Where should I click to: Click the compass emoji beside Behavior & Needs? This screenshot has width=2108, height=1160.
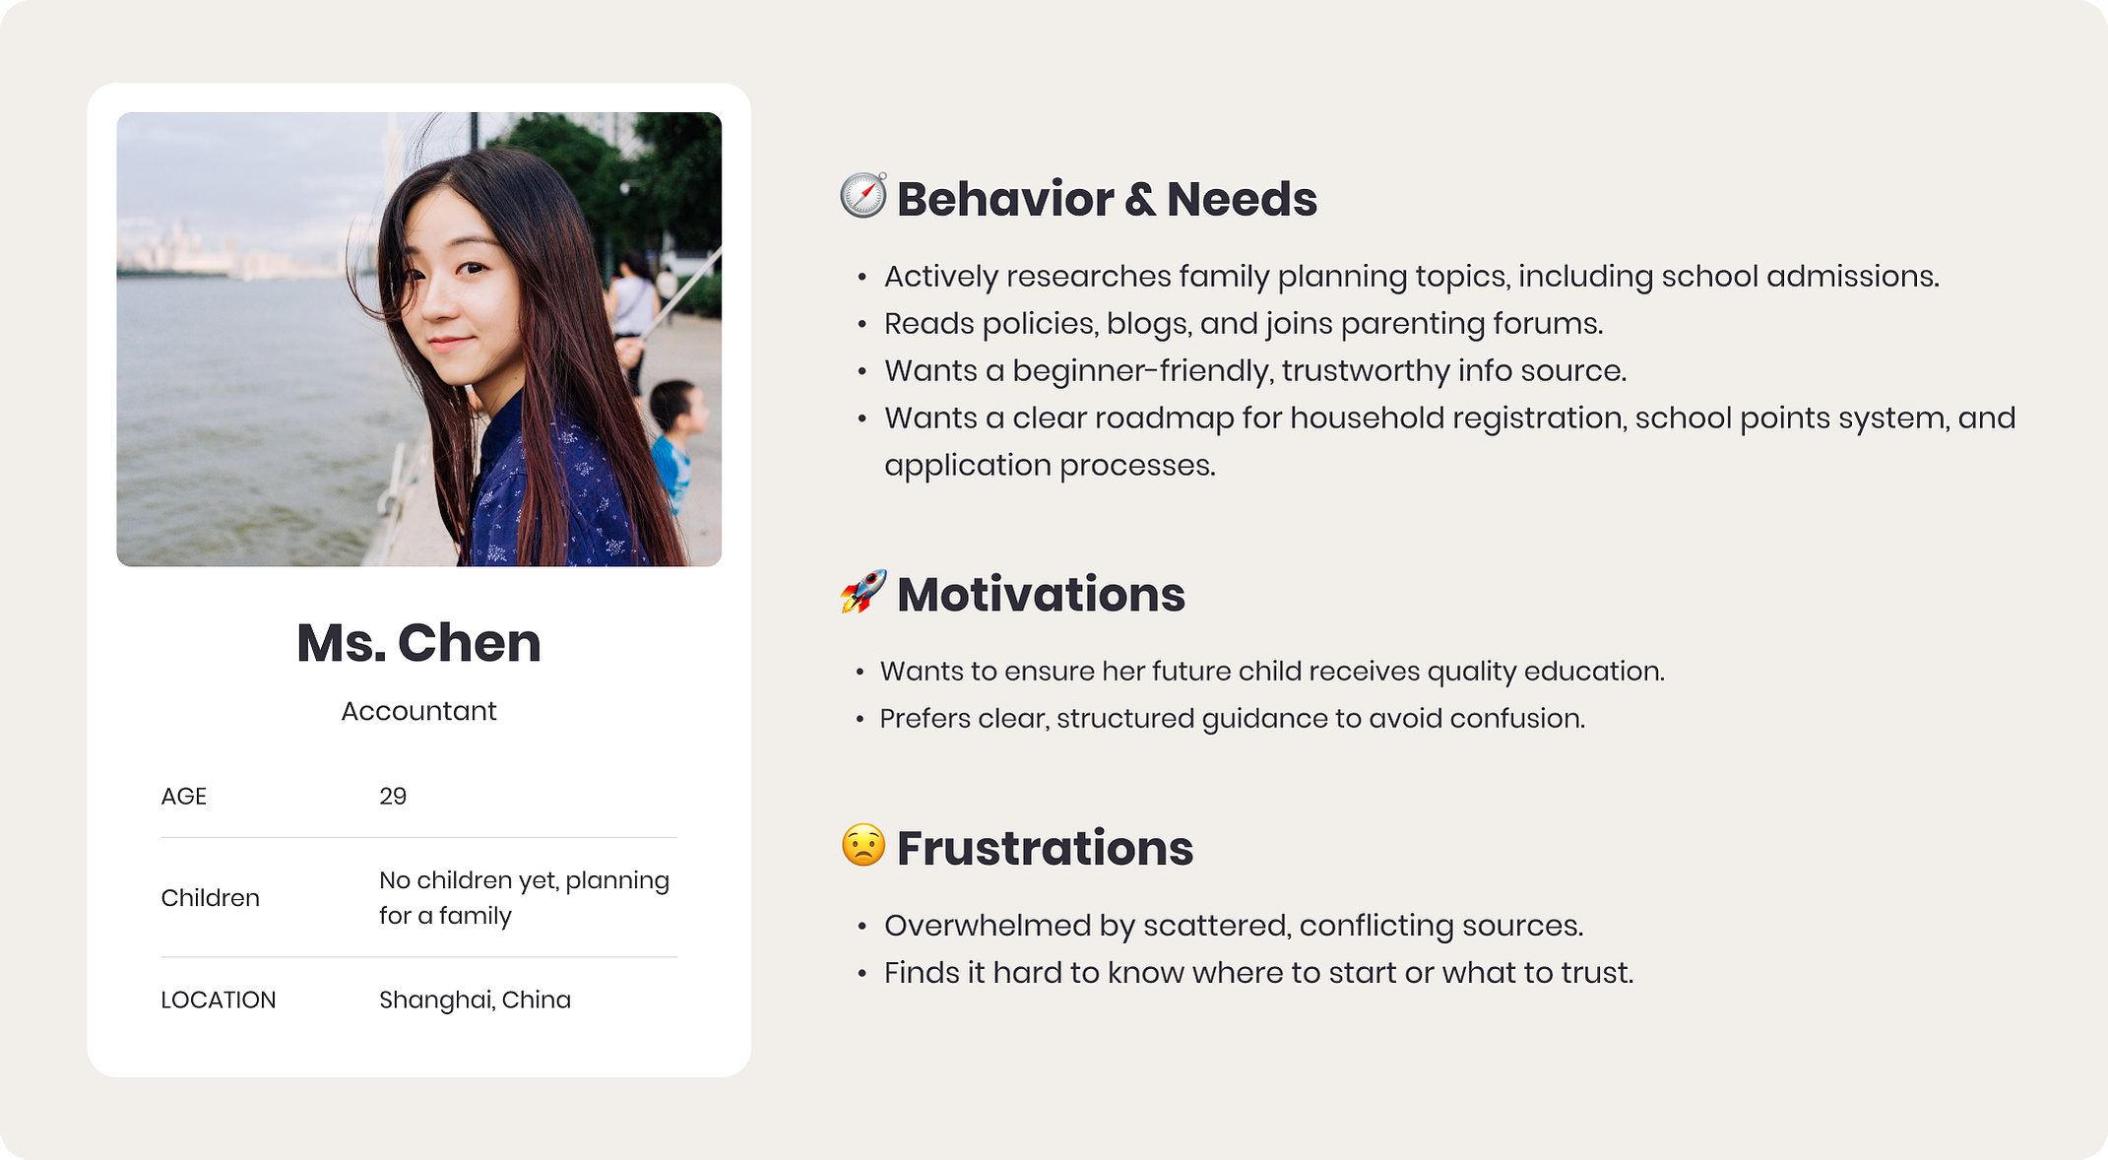click(863, 195)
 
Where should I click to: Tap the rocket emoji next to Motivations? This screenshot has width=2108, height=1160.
click(863, 591)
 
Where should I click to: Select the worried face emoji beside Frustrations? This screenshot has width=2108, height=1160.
click(863, 845)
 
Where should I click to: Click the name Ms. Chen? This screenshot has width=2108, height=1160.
click(418, 643)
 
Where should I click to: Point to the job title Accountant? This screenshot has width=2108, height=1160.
click(418, 711)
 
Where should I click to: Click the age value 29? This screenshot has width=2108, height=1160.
click(393, 796)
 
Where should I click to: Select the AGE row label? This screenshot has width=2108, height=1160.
click(183, 796)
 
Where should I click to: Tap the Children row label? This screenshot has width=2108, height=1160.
click(210, 898)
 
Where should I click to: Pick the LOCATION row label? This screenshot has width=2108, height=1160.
click(218, 999)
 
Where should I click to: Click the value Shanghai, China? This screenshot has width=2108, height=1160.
click(475, 999)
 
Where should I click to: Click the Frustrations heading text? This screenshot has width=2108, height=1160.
click(1045, 848)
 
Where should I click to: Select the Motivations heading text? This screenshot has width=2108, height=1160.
click(1041, 595)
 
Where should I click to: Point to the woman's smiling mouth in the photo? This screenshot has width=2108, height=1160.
click(450, 344)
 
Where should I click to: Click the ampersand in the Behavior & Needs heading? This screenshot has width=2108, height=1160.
click(1140, 200)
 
